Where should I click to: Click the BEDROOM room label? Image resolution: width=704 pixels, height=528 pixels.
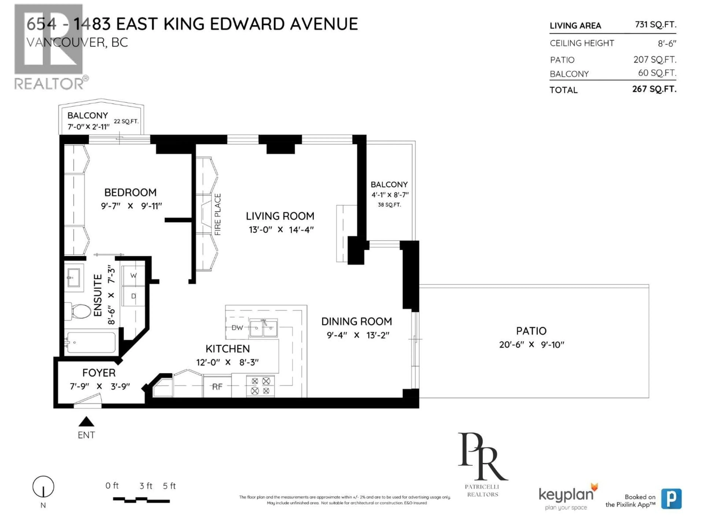[130, 192]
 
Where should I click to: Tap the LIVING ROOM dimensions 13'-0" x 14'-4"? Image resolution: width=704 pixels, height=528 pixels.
[281, 230]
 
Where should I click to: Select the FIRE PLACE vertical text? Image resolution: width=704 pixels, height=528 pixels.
[218, 214]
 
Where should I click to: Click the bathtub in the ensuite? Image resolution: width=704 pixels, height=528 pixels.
[91, 342]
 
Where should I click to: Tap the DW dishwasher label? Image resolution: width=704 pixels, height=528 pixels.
[237, 327]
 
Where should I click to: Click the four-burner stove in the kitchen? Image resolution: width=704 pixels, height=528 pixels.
[260, 386]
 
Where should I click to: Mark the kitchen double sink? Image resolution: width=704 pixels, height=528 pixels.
[263, 328]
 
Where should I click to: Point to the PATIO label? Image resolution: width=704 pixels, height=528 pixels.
[531, 331]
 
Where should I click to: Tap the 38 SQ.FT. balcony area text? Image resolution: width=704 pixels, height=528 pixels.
[389, 205]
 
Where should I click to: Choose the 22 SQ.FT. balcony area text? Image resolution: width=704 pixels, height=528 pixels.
[126, 121]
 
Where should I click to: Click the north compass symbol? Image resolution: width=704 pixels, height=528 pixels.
[43, 486]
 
